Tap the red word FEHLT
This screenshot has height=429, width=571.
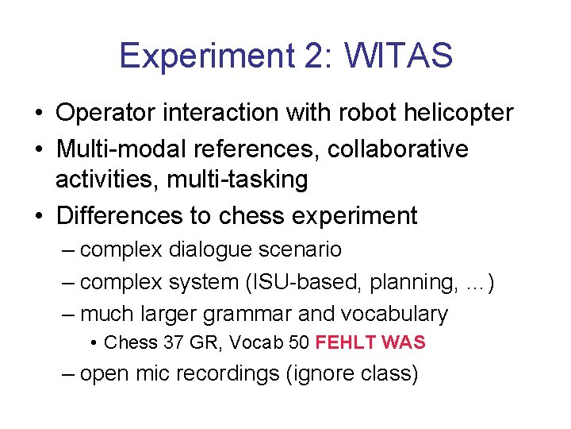point(345,343)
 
